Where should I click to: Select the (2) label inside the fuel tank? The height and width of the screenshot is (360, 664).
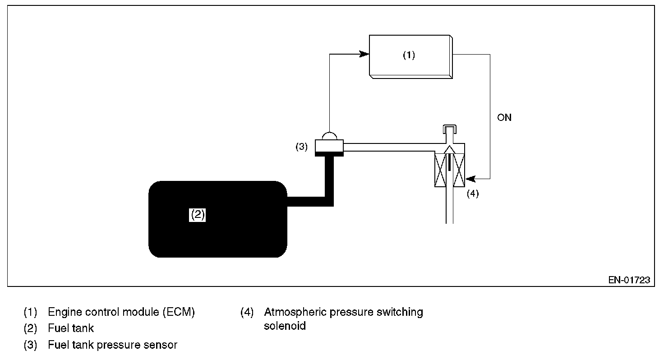198,215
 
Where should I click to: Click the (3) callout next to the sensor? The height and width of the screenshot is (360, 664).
301,147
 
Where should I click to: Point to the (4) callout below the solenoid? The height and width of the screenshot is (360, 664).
472,194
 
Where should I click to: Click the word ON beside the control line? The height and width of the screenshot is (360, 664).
504,118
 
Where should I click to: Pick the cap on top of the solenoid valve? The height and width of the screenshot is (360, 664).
449,129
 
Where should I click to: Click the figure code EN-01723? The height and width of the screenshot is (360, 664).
629,280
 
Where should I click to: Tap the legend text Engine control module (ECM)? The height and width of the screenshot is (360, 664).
121,312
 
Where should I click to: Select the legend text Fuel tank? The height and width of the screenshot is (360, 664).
71,328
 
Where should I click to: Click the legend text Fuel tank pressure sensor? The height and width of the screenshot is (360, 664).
112,345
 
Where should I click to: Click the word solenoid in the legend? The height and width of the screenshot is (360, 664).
285,326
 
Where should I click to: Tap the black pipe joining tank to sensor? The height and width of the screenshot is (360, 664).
329,180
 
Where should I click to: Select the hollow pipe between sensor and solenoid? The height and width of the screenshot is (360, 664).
388,147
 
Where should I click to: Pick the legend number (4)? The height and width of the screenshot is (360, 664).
247,312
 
